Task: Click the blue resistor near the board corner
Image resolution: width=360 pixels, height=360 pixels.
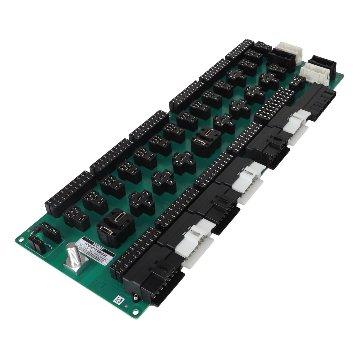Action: (48, 246)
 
